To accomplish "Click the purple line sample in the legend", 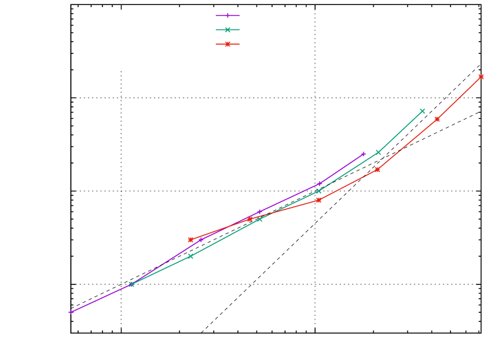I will (227, 15).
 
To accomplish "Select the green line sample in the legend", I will (227, 30).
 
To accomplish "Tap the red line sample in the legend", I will (227, 44).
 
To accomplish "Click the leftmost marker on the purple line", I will (70, 312).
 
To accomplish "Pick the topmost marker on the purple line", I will (364, 154).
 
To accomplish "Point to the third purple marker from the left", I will (201, 240).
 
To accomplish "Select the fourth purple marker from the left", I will (260, 211).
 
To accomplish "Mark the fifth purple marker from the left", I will (320, 184).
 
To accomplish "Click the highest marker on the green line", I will (423, 111).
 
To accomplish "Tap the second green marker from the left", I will (190, 256).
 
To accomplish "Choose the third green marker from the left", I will (260, 218).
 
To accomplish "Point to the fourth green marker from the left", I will (319, 191).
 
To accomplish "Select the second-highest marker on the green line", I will (378, 152).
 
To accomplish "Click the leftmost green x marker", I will (131, 284).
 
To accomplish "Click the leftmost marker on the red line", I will (191, 240).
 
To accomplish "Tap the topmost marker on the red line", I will (481, 77).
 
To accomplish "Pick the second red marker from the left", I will (250, 219).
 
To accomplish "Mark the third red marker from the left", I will (319, 200).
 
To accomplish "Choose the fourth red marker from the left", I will (377, 169).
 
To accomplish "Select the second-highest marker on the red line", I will (437, 119).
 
